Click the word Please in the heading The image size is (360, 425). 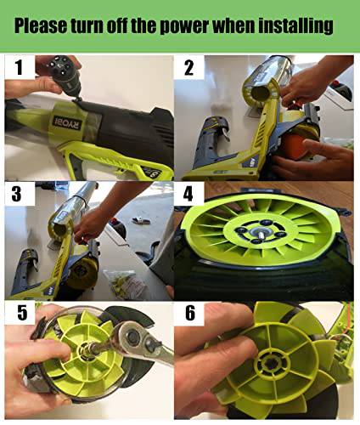pos(40,25)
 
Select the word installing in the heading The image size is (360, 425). pos(295,26)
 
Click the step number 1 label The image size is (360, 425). pos(19,67)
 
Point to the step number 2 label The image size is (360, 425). pos(188,68)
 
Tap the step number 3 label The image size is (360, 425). pos(16,194)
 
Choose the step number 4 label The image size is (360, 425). pos(188,195)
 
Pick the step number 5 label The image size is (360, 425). pos(22,313)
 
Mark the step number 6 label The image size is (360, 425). pos(190,313)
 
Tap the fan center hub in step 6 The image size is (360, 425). pos(273,361)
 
